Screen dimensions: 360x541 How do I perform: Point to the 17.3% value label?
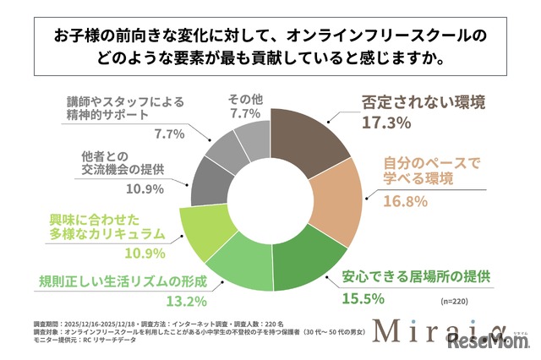pos(385,123)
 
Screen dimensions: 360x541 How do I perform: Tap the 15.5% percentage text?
pos(363,298)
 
